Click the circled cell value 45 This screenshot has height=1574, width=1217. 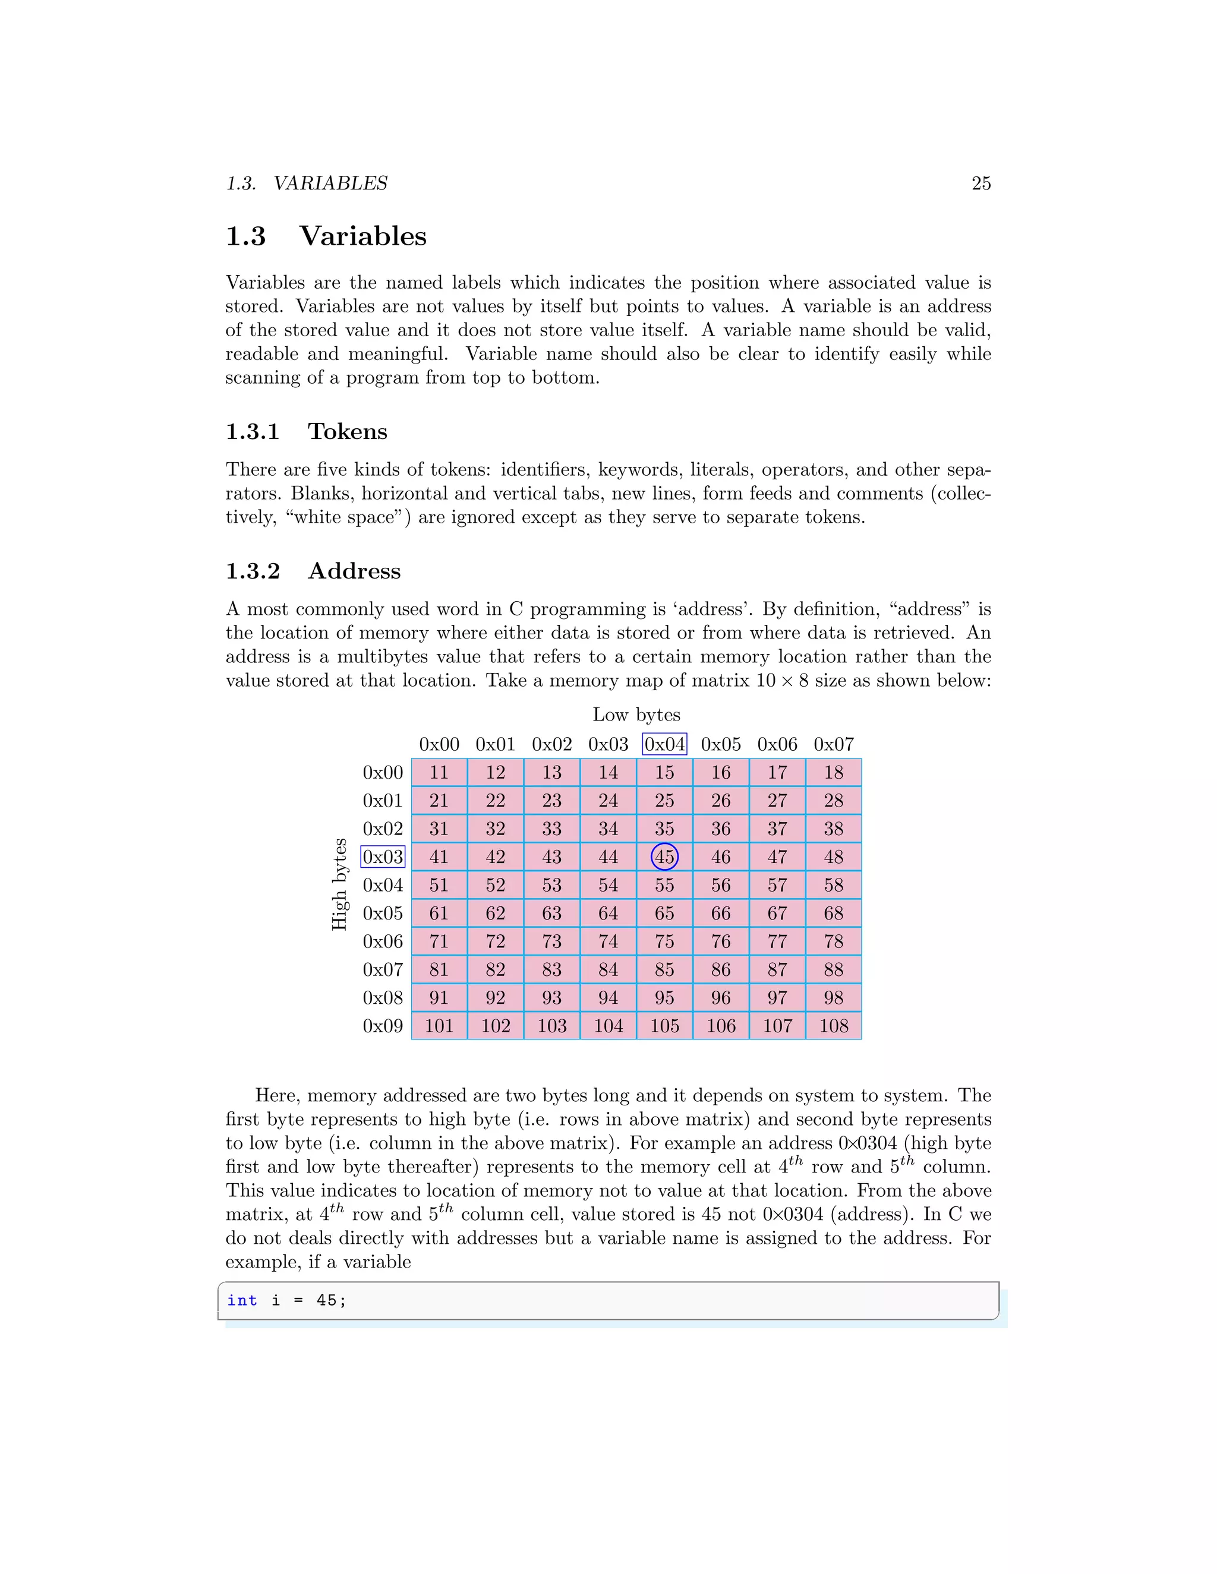(x=664, y=857)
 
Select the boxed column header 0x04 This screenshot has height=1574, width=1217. (x=664, y=744)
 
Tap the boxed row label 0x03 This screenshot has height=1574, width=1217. (x=383, y=857)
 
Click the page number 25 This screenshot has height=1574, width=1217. (x=980, y=183)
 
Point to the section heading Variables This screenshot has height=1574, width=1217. (x=362, y=236)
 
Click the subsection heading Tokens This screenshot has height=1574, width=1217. (x=348, y=431)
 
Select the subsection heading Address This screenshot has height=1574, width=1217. (x=354, y=571)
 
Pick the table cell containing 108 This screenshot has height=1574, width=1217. (x=834, y=1026)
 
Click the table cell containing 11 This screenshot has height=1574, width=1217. (x=439, y=773)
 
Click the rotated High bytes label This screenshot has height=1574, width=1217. (x=339, y=884)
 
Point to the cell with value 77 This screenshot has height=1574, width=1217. (x=777, y=941)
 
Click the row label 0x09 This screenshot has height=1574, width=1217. (x=383, y=1026)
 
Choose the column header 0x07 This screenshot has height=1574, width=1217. (x=834, y=744)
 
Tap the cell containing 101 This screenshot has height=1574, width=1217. (x=439, y=1026)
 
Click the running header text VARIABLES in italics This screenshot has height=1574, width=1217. (x=330, y=183)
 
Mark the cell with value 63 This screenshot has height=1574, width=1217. (x=551, y=913)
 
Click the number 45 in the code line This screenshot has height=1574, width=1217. (x=326, y=1300)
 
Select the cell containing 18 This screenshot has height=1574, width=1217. (x=834, y=773)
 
